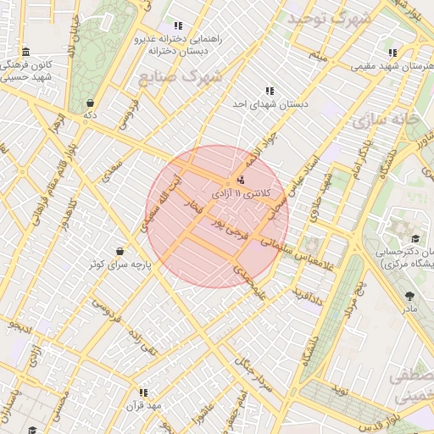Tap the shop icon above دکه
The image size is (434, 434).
click(x=90, y=102)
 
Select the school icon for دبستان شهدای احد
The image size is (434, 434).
click(x=270, y=91)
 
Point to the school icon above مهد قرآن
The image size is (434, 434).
click(x=142, y=392)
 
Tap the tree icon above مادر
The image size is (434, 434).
click(x=410, y=296)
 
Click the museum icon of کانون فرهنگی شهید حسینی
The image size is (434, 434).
click(x=25, y=52)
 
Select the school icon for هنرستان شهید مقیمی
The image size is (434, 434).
click(x=391, y=52)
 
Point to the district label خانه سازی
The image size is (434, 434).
click(x=397, y=120)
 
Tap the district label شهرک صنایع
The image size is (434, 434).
click(x=179, y=77)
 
